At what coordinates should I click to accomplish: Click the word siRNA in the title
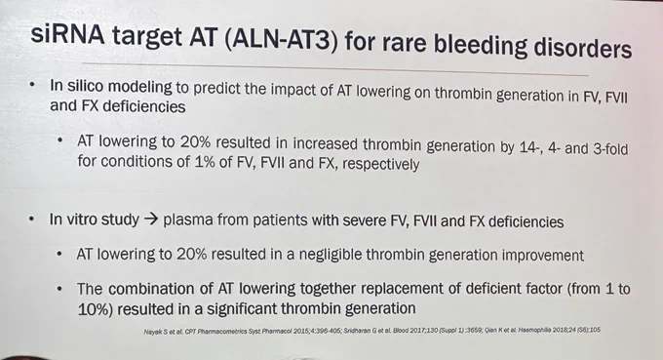pos(67,34)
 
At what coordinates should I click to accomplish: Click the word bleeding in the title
pos(481,45)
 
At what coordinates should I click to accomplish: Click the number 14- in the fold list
pos(526,147)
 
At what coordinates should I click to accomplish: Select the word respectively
pos(381,164)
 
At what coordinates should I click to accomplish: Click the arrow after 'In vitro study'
pos(151,220)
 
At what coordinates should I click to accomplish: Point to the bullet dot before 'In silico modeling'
pos(32,85)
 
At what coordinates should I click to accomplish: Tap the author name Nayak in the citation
pos(150,332)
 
